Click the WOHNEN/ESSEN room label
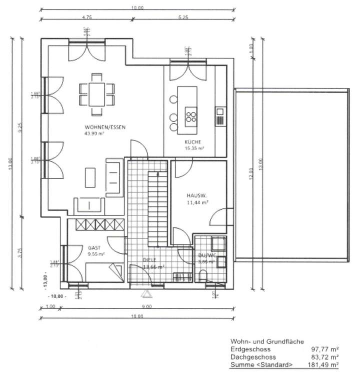pos(104,127)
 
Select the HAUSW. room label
pos(197,195)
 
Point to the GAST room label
pos(94,247)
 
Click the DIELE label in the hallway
pos(149,260)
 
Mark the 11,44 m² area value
pos(197,202)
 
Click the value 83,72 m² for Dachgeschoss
pos(324,358)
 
